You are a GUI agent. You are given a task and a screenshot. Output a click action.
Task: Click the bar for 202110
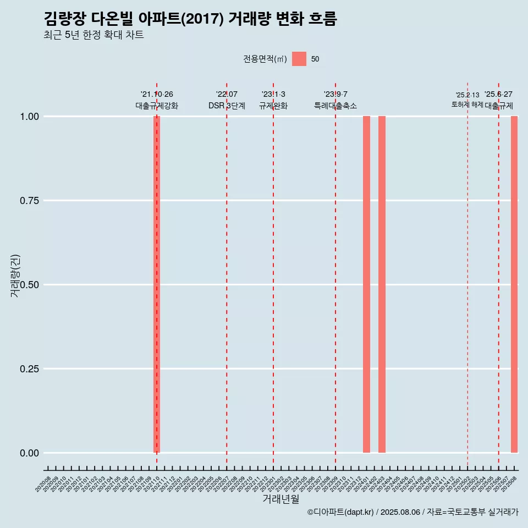pyautogui.click(x=157, y=284)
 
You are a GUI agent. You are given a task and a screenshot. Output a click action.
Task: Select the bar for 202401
pyautogui.click(x=366, y=284)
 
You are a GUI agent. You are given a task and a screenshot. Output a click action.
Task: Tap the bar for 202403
pyautogui.click(x=382, y=284)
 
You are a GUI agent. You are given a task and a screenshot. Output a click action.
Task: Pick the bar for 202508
pyautogui.click(x=514, y=284)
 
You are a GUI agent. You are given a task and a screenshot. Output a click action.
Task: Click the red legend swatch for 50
pyautogui.click(x=299, y=59)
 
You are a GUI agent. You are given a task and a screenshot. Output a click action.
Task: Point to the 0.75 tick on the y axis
pyautogui.click(x=29, y=201)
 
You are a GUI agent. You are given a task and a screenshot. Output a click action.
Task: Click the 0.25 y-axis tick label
pyautogui.click(x=29, y=369)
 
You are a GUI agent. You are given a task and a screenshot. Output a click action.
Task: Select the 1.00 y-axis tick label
pyautogui.click(x=29, y=117)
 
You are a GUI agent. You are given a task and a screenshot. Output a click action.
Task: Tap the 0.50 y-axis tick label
pyautogui.click(x=29, y=285)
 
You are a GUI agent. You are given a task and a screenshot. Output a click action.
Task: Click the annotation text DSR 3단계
pyautogui.click(x=227, y=106)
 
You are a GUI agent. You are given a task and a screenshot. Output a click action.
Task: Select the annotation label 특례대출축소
pyautogui.click(x=335, y=106)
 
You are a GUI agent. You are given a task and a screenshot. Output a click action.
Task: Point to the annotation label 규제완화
pyautogui.click(x=273, y=106)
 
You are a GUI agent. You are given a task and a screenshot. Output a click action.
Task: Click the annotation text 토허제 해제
pyautogui.click(x=467, y=105)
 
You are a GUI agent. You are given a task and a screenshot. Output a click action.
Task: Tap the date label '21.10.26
pyautogui.click(x=157, y=95)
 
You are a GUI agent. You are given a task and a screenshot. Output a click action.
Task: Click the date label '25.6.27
pyautogui.click(x=498, y=95)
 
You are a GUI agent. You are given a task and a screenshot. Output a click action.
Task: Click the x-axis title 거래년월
pyautogui.click(x=281, y=499)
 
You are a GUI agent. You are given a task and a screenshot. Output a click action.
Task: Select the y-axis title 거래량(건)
pyautogui.click(x=15, y=276)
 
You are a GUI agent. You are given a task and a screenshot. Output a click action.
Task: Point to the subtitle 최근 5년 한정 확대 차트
pyautogui.click(x=94, y=35)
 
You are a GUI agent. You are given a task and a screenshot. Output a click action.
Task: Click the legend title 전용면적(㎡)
pyautogui.click(x=265, y=59)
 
